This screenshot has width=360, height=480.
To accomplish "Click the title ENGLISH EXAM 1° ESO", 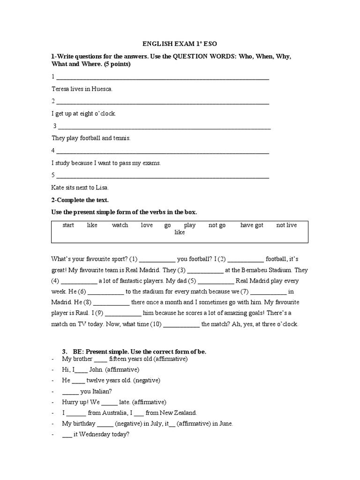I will (180, 45).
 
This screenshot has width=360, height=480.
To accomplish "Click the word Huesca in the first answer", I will (102, 89).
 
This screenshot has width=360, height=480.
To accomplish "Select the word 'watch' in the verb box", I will (120, 225).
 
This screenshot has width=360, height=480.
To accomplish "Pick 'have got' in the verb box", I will (252, 225).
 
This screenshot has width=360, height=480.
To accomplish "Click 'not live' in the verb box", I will (286, 225).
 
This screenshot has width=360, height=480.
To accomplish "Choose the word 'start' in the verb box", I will (68, 225).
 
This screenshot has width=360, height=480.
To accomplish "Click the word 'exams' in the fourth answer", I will (151, 163).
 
